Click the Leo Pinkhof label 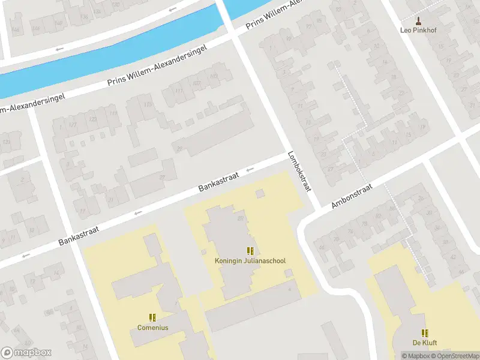pos(418,29)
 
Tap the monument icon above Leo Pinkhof pos(418,20)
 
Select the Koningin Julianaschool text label pos(250,261)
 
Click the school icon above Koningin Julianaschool pos(250,251)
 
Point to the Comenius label pos(152,328)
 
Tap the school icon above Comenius pos(152,317)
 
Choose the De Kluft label pos(424,343)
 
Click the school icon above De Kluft pos(424,333)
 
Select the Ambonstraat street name pos(352,196)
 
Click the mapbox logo pos(26,353)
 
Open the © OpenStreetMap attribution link pos(453,356)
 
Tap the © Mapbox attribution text pos(415,356)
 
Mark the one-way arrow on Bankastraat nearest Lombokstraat pos(250,169)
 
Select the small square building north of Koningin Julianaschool pos(259,193)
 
